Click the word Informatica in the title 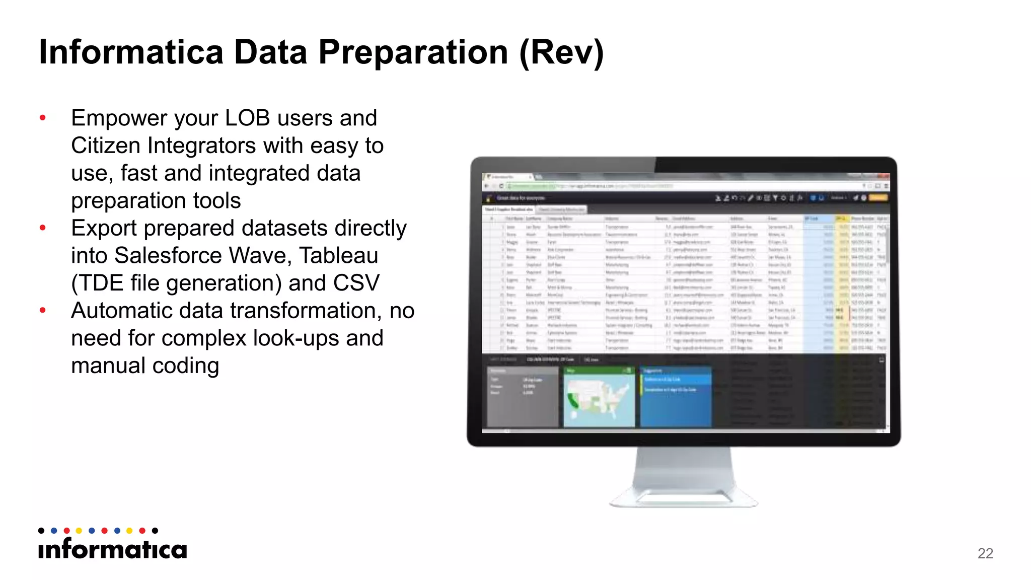[131, 52]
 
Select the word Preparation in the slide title [413, 52]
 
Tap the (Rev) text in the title [561, 52]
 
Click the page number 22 [985, 553]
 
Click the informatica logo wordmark [112, 549]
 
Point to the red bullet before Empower [43, 118]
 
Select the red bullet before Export [43, 228]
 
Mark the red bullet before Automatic [43, 311]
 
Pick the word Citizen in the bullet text [105, 146]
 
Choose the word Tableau [338, 256]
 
